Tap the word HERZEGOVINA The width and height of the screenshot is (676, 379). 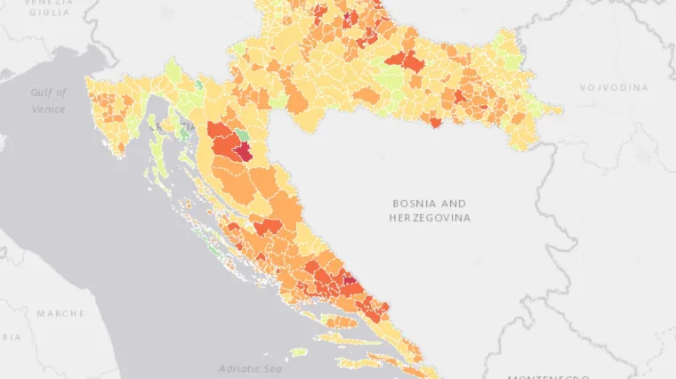click(x=430, y=218)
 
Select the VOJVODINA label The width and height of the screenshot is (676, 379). click(x=614, y=88)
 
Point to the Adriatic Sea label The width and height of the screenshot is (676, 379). click(x=250, y=368)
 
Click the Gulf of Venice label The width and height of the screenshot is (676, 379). click(x=48, y=101)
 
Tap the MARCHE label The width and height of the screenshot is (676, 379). click(x=60, y=313)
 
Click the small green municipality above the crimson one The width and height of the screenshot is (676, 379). click(x=242, y=135)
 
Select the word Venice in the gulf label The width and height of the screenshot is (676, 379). click(x=48, y=109)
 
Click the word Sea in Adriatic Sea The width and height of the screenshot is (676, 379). click(x=270, y=368)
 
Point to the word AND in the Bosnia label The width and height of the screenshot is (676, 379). click(x=454, y=203)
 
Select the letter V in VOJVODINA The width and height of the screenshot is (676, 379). click(x=583, y=88)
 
